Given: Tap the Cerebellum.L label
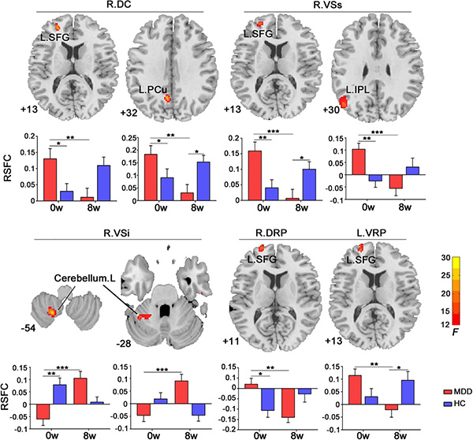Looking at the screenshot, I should coord(80,278).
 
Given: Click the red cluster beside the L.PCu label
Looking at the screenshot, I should coord(166,99).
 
